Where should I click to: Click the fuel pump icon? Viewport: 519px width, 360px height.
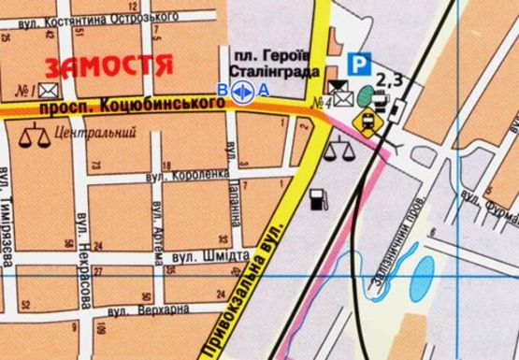pyautogui.click(x=318, y=198)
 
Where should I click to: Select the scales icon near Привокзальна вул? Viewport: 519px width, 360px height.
pyautogui.click(x=337, y=148)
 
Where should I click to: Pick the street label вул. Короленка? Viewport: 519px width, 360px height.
pyautogui.click(x=187, y=174)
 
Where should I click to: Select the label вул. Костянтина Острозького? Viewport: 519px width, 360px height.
pyautogui.click(x=94, y=18)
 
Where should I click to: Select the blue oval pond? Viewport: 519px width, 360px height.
pyautogui.click(x=423, y=272)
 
